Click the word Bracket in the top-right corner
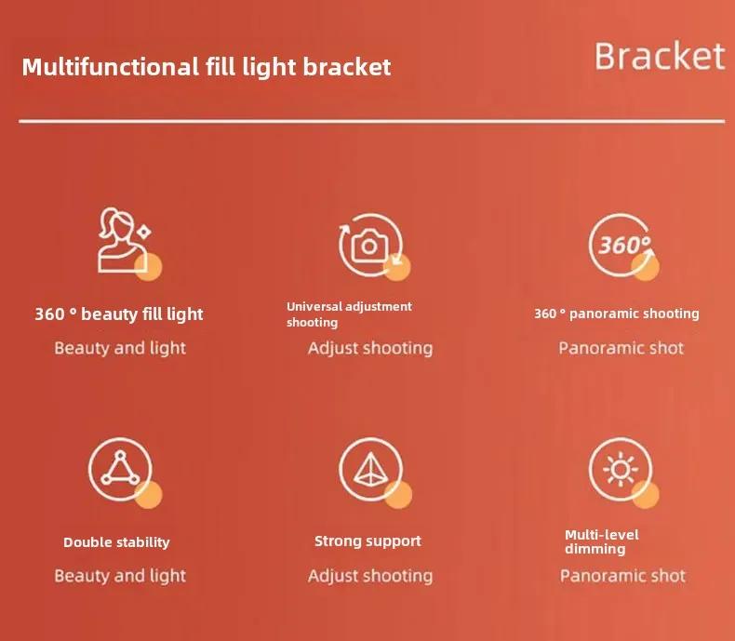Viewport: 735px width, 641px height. [660, 56]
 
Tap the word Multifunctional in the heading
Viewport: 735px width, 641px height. [111, 67]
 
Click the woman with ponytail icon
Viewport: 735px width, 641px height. [123, 240]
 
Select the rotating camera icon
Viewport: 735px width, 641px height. [370, 245]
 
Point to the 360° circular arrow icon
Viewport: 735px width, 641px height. [621, 245]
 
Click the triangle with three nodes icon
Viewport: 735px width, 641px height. [120, 469]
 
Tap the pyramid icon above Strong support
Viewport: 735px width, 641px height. [370, 469]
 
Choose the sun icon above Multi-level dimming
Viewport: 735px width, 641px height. [621, 469]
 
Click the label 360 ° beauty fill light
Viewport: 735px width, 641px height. [119, 314]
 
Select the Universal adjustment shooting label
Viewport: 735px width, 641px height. [349, 314]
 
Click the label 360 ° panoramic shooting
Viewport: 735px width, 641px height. [617, 314]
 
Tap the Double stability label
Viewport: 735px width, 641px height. [116, 542]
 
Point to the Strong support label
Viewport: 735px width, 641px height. [368, 541]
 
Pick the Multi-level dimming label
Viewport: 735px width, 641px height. [602, 541]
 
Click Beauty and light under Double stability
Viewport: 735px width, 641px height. [120, 576]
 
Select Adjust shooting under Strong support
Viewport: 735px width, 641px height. [370, 576]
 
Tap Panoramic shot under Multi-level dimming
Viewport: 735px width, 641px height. [622, 576]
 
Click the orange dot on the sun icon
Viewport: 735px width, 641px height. [646, 495]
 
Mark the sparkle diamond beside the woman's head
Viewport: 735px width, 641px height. [143, 233]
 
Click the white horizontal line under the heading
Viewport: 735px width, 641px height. [372, 121]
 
